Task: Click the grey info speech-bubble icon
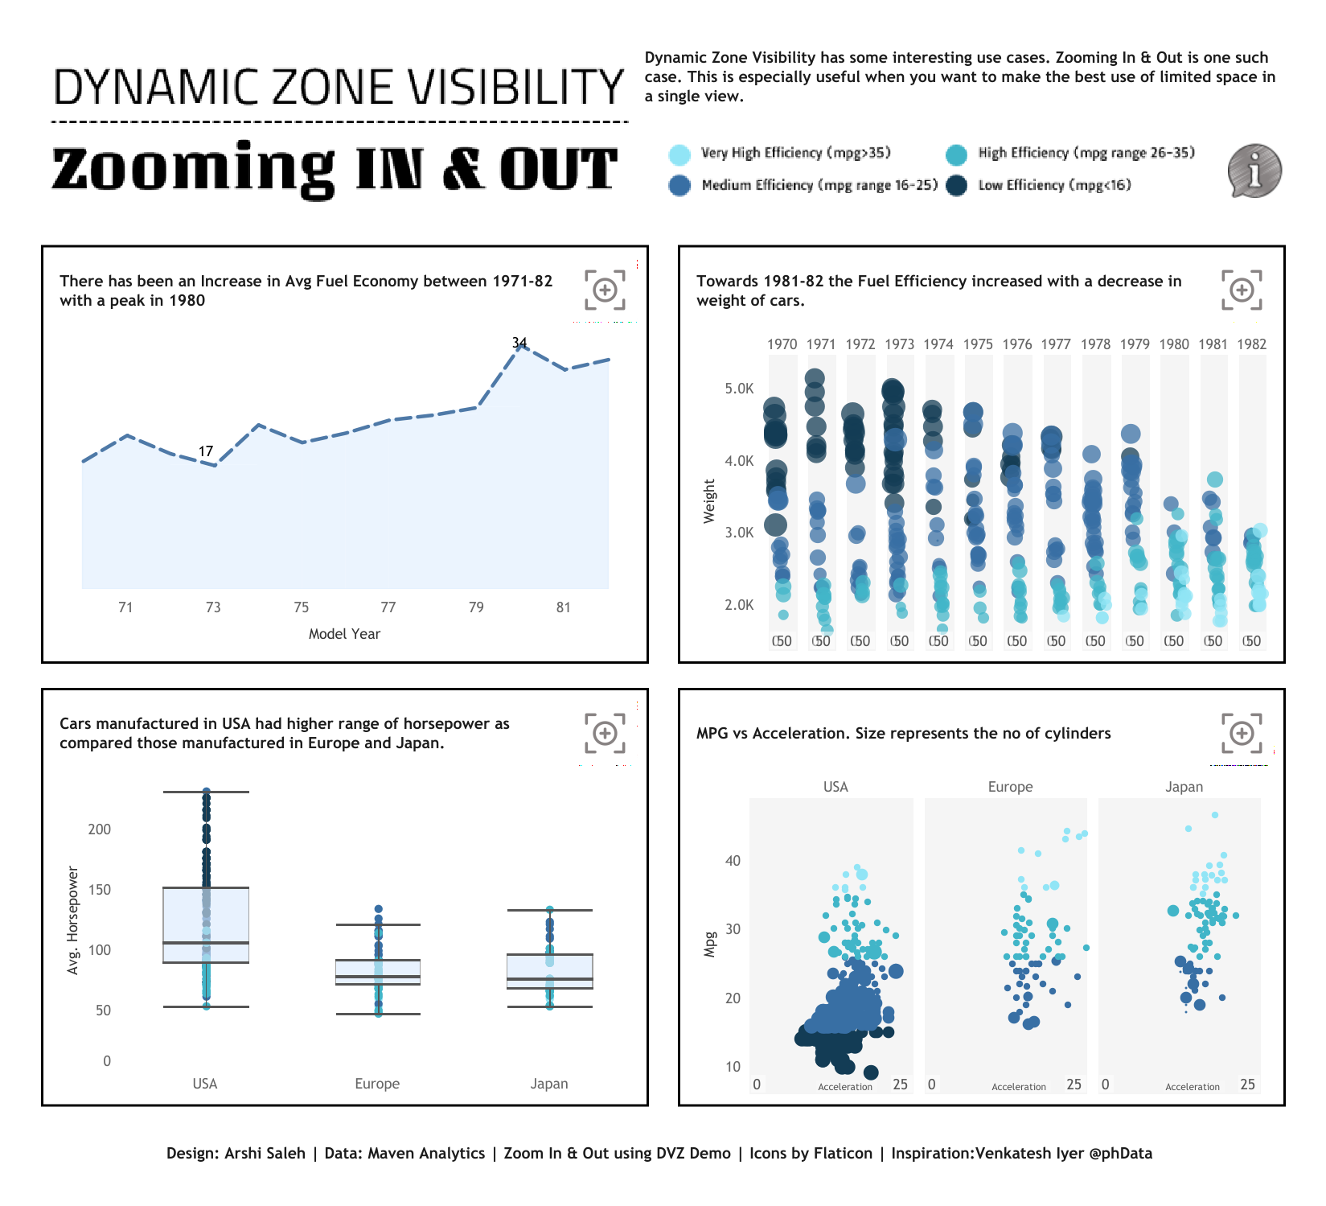[x=1254, y=171]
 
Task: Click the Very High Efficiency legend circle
[x=679, y=154]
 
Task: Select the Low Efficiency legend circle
[x=956, y=186]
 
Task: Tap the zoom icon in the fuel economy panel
[x=605, y=290]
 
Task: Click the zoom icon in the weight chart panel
[x=1242, y=290]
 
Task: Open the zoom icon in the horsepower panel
[x=605, y=733]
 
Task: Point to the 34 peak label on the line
[x=519, y=343]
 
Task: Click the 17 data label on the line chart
[x=206, y=451]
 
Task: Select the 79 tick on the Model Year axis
[x=476, y=607]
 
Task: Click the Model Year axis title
[x=344, y=634]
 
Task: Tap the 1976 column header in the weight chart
[x=1017, y=344]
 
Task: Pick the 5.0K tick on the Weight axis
[x=739, y=389]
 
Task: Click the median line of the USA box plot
[x=206, y=943]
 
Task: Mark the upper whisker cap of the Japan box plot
[x=550, y=910]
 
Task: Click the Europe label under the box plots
[x=377, y=1084]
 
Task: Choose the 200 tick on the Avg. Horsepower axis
[x=100, y=829]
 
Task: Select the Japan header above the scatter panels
[x=1184, y=787]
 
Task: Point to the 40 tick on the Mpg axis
[x=733, y=861]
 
